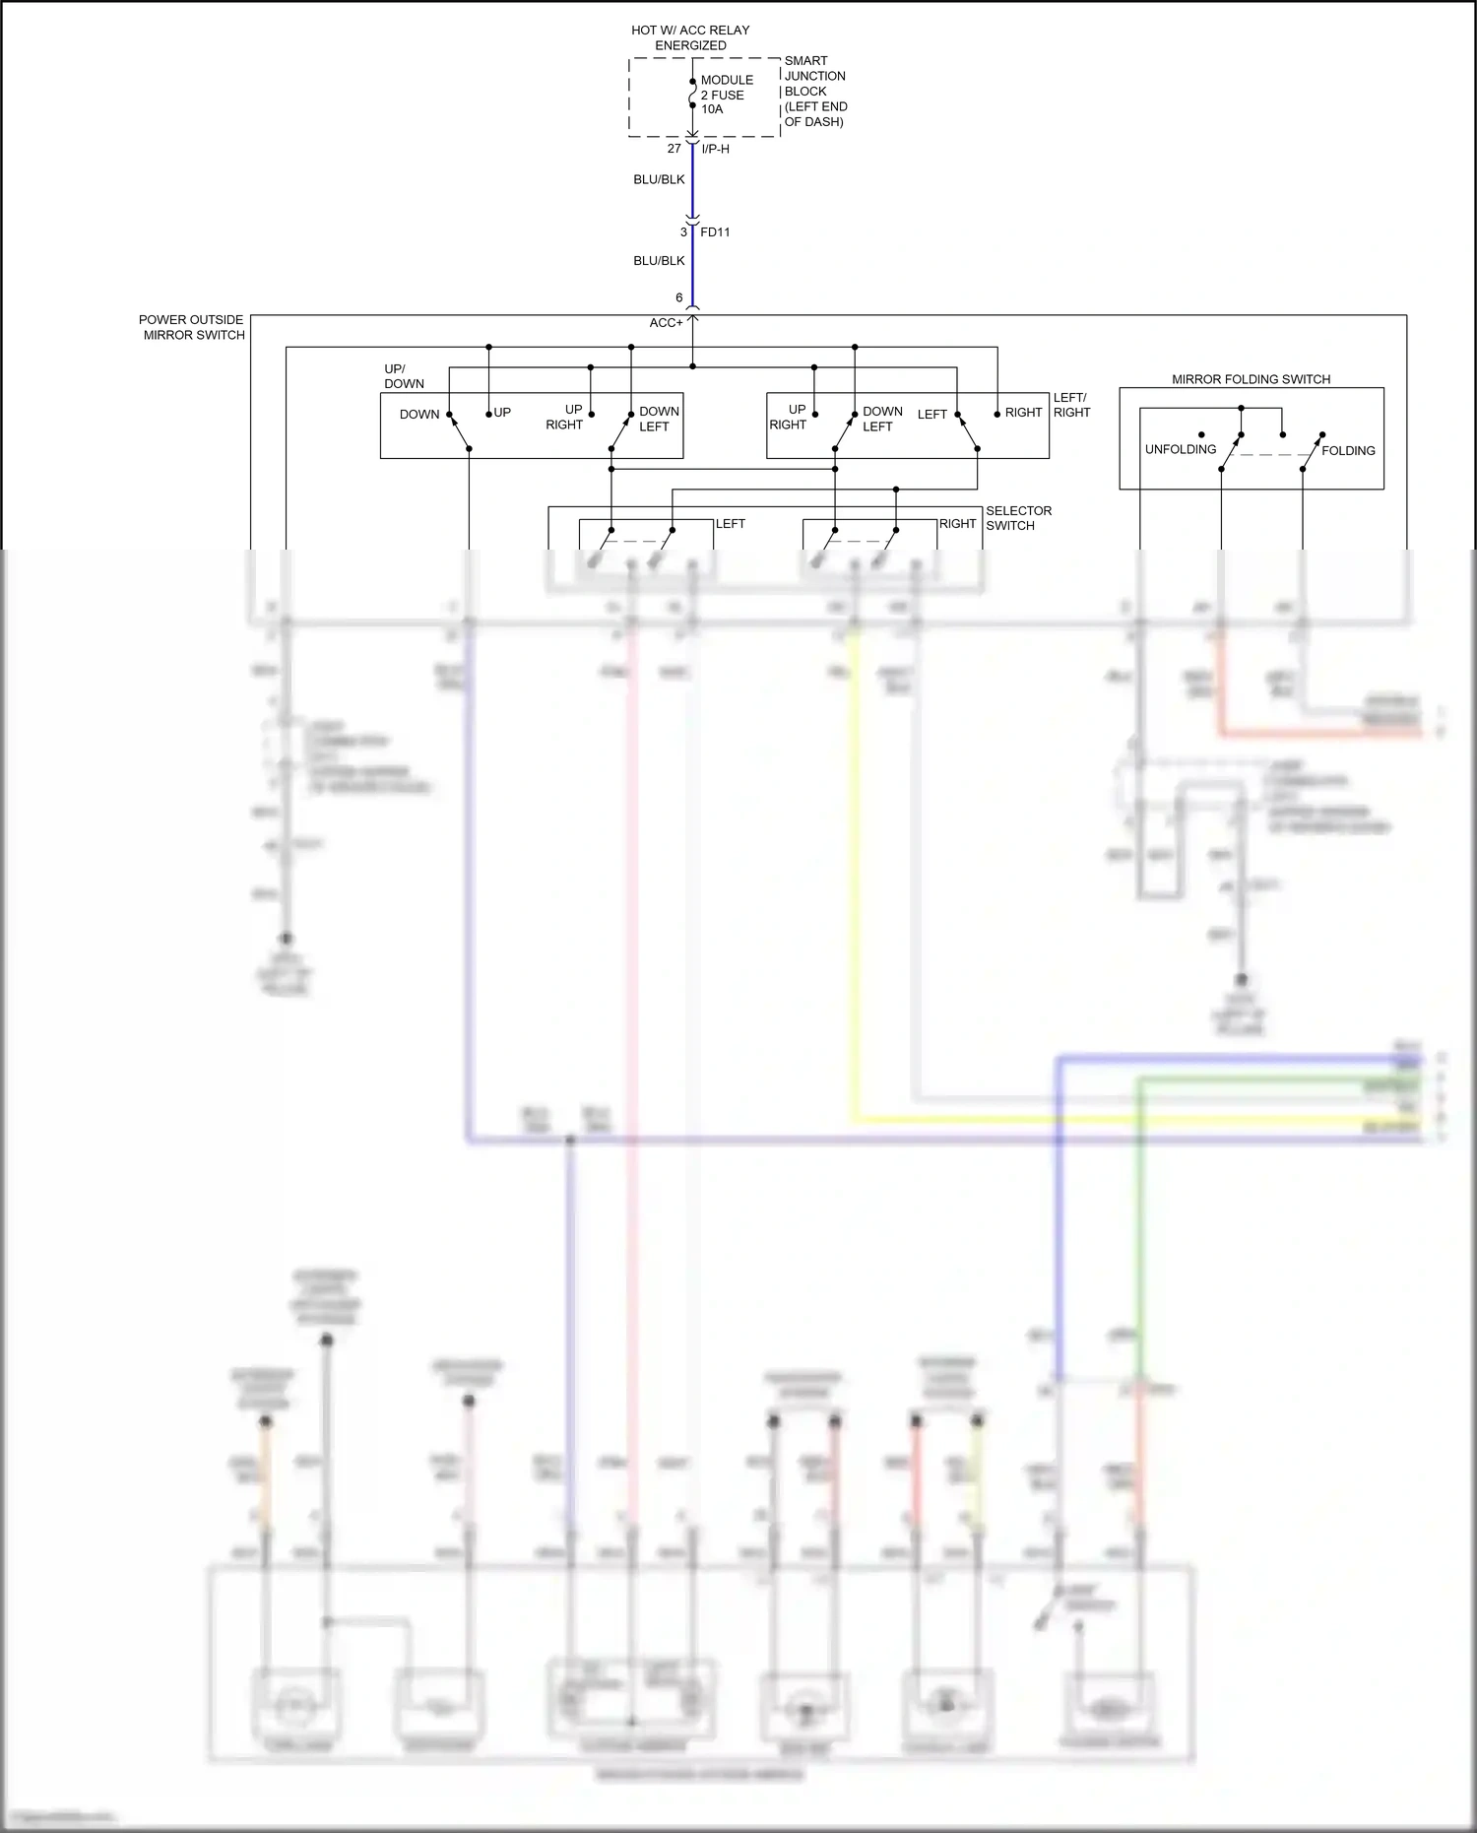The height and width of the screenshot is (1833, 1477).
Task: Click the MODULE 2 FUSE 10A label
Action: pyautogui.click(x=726, y=95)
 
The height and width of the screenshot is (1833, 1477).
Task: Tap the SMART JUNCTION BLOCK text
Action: pyautogui.click(x=814, y=91)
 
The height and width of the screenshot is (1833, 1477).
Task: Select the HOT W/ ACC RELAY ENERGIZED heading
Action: pyautogui.click(x=690, y=37)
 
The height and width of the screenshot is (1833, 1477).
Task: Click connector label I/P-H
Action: pyautogui.click(x=715, y=149)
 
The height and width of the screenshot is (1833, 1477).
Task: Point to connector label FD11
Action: pyautogui.click(x=715, y=232)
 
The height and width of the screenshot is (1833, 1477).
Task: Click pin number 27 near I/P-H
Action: pyautogui.click(x=674, y=149)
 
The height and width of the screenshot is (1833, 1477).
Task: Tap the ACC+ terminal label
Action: pyautogui.click(x=666, y=323)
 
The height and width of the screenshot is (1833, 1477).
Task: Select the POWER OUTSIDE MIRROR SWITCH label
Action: pyautogui.click(x=192, y=327)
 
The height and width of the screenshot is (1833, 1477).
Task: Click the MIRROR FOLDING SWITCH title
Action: pyautogui.click(x=1251, y=379)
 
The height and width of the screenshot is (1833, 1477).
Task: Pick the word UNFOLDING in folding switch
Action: pyautogui.click(x=1180, y=449)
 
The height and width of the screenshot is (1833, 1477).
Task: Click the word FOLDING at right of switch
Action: pyautogui.click(x=1348, y=450)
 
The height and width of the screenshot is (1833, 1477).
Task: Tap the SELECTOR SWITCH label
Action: pyautogui.click(x=1018, y=518)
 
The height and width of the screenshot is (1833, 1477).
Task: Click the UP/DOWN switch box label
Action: pyautogui.click(x=404, y=376)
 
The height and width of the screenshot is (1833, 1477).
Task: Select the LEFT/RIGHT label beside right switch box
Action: pyautogui.click(x=1071, y=405)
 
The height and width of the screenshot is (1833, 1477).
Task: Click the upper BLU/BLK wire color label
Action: pyautogui.click(x=659, y=180)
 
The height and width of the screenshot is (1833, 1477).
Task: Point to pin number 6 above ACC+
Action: pyautogui.click(x=678, y=297)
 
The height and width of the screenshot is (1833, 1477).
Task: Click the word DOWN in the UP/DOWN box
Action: pyautogui.click(x=419, y=415)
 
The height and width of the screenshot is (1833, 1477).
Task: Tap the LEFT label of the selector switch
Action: pyautogui.click(x=730, y=524)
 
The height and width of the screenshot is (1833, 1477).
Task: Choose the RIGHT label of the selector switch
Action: pyautogui.click(x=957, y=524)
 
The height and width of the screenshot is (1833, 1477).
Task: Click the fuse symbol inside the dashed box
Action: pyautogui.click(x=692, y=95)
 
